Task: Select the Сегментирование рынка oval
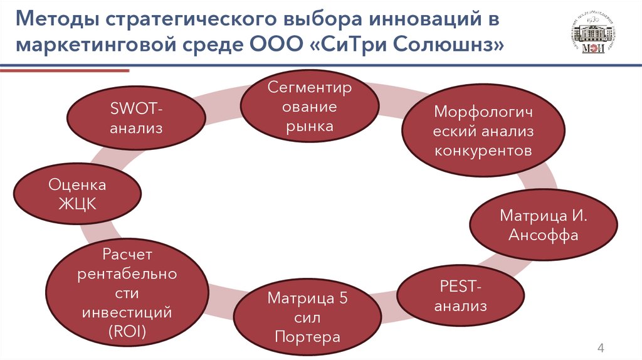coord(310,107)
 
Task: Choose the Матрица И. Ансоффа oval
coord(543,225)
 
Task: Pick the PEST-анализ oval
coord(461,298)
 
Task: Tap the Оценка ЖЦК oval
coord(78,194)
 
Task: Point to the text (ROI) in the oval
coord(127,332)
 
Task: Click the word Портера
coord(307,337)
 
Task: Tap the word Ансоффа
coord(543,235)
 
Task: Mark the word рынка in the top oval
coord(310,126)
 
